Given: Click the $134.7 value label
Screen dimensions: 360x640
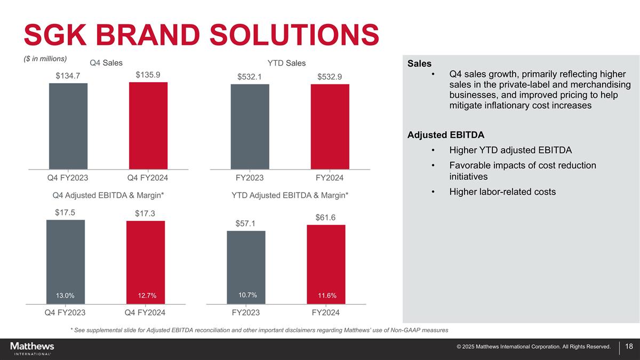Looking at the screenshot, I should point(68,76).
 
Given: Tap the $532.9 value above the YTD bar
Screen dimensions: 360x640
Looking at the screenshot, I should point(330,77).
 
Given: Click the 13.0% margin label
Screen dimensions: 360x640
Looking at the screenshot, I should point(65,295).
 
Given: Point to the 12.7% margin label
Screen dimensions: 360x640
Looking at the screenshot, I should point(145,295).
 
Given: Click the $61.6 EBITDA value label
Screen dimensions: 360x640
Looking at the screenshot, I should point(325,217).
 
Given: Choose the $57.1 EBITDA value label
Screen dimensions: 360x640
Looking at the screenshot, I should point(245,223).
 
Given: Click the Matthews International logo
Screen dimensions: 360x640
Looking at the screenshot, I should point(32,348).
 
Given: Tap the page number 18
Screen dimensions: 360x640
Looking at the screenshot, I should point(628,347).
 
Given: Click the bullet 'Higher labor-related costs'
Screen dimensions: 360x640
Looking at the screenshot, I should point(502,191).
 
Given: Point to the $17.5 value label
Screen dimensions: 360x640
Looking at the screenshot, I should point(65,212).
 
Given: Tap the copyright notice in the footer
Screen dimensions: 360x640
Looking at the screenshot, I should point(533,347).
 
